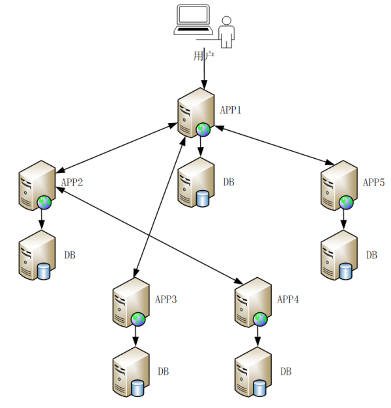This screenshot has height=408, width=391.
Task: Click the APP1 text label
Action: [231, 110]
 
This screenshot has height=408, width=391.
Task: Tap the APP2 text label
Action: [72, 182]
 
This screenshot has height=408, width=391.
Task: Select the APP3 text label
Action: [166, 299]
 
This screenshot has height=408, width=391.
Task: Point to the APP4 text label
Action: [288, 299]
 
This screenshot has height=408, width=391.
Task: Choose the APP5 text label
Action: [374, 182]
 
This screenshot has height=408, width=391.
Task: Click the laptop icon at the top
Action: [193, 20]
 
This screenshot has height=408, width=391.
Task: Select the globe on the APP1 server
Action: [203, 129]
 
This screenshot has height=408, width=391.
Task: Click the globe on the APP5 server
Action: [347, 202]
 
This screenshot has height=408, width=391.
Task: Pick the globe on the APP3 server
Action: [138, 319]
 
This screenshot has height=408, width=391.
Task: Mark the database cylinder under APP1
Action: [203, 197]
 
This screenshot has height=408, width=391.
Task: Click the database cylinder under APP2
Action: [44, 270]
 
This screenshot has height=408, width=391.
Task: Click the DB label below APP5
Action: [371, 254]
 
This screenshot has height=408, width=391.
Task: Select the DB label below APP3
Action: [164, 371]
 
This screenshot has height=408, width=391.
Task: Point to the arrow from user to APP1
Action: [205, 68]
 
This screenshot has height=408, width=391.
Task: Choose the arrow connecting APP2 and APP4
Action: [150, 234]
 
